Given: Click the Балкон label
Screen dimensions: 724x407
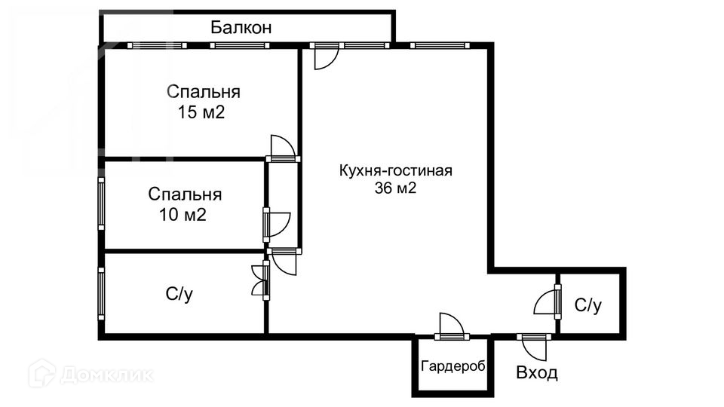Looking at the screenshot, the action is tap(241, 29).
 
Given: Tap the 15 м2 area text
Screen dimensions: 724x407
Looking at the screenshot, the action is tap(203, 113).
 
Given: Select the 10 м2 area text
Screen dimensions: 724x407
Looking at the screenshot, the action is tap(183, 215).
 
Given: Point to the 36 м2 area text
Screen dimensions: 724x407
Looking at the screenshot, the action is tap(395, 188).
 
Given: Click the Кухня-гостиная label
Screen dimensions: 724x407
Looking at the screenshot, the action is tap(395, 170).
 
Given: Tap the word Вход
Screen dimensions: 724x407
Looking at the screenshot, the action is tap(537, 372).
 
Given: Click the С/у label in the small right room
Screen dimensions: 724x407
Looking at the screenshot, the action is tap(588, 305).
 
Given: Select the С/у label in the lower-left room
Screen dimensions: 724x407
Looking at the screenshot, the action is tap(179, 295).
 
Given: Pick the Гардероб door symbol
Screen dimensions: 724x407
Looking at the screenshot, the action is tap(451, 326).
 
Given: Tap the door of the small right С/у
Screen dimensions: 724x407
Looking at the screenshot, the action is tap(546, 301).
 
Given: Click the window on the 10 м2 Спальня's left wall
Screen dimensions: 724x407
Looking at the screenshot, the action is tap(101, 203).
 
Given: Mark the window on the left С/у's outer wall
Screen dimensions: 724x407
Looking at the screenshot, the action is tap(101, 294).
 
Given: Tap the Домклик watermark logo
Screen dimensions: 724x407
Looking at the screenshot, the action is tap(90, 374).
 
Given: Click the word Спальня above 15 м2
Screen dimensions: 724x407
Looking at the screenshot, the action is tap(203, 93).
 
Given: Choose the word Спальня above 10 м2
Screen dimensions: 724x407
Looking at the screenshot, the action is tap(184, 194).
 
